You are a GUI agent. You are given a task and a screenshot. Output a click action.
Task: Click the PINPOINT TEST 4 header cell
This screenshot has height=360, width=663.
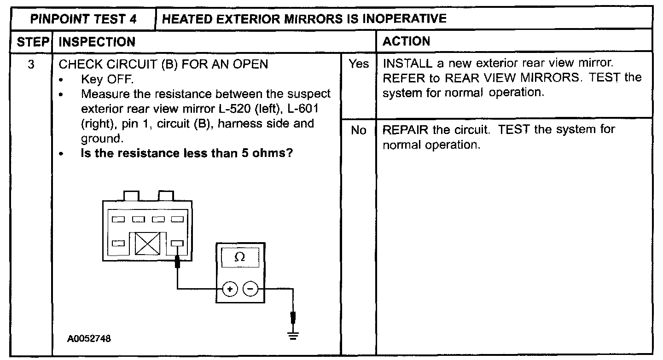[80, 18]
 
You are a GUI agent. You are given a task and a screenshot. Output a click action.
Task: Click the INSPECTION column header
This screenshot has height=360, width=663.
[97, 41]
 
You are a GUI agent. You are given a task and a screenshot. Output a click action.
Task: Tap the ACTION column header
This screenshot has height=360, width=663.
[406, 41]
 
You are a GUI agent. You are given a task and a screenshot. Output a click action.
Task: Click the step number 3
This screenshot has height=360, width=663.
[31, 64]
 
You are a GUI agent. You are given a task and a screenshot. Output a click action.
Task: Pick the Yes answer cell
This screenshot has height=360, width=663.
[359, 64]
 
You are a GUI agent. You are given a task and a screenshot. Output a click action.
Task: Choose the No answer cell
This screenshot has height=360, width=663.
[358, 131]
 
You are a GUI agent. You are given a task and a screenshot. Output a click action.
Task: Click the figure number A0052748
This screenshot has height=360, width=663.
[89, 339]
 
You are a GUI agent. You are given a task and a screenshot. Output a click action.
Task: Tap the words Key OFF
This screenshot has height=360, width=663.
[107, 79]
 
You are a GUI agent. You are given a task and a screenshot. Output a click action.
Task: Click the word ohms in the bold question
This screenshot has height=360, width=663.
[272, 153]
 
